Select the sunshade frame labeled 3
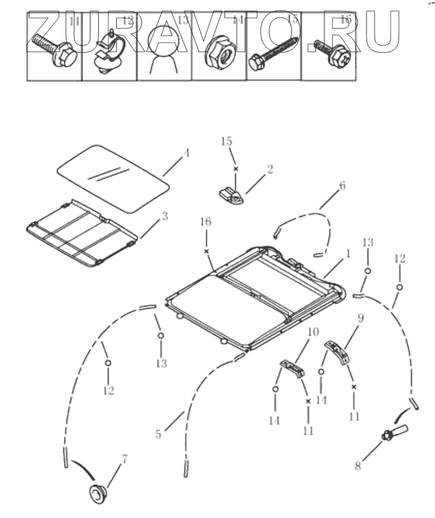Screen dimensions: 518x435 (x=81, y=233)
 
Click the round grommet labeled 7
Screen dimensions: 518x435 (x=98, y=494)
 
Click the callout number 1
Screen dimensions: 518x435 (x=348, y=254)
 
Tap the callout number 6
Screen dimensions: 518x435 (x=342, y=185)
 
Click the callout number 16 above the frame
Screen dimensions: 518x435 (x=206, y=222)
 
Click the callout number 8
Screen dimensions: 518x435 (x=358, y=465)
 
